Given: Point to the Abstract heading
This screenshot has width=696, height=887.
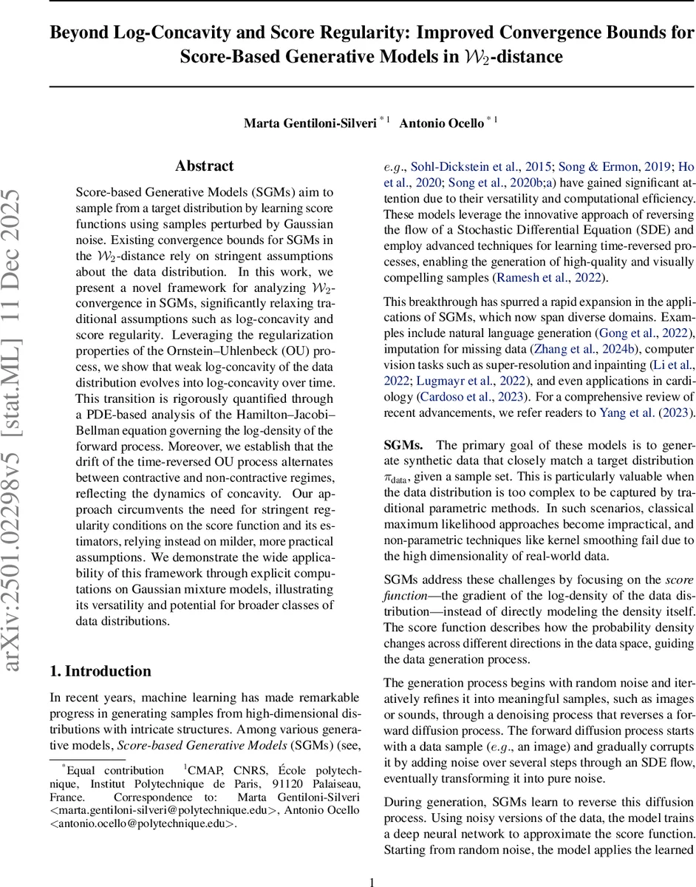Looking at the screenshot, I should [x=204, y=166].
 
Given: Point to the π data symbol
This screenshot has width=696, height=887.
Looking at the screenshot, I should [x=398, y=478].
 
